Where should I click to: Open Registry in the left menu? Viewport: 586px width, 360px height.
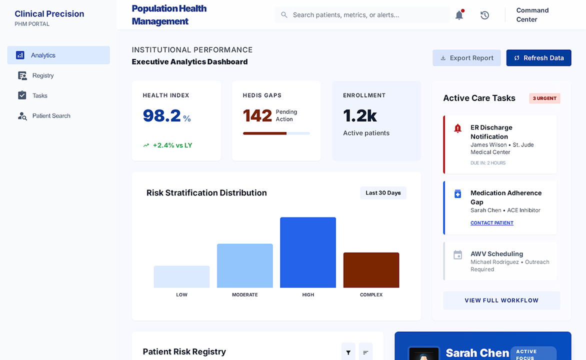tap(42, 75)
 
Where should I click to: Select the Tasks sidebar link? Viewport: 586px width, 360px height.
tap(39, 95)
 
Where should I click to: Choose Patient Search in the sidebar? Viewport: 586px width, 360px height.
tap(51, 116)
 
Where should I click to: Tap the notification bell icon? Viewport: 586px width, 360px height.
tap(459, 15)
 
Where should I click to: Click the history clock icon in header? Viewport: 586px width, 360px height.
tap(484, 15)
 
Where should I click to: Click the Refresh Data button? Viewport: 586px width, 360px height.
tap(538, 58)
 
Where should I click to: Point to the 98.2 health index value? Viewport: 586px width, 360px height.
tap(162, 115)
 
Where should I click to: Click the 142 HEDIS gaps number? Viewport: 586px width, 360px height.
tap(257, 115)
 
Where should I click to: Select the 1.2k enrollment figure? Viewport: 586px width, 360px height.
tap(360, 115)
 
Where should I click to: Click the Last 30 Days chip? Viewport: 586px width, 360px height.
tap(383, 193)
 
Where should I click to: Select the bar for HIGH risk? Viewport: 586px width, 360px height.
tap(308, 252)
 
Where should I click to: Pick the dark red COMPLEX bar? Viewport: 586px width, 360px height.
tap(371, 270)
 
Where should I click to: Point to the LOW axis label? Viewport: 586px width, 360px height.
tap(181, 295)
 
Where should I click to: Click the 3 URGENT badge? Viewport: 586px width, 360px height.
tap(544, 98)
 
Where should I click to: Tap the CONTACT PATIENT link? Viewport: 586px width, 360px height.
tap(492, 223)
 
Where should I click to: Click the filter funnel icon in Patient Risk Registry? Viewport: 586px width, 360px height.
tap(348, 352)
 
